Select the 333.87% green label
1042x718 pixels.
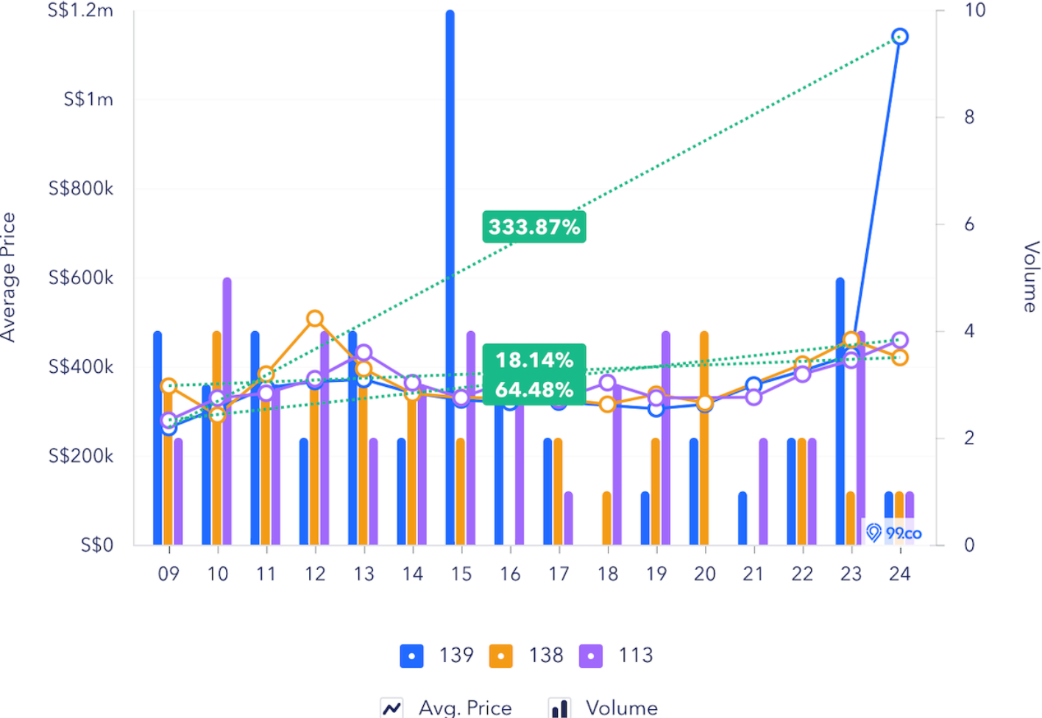pyautogui.click(x=534, y=227)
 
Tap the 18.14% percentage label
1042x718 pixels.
pyautogui.click(x=534, y=360)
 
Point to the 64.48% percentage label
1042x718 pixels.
pyautogui.click(x=534, y=389)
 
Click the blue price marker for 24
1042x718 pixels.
pyautogui.click(x=899, y=37)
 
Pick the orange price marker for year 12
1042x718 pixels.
pyautogui.click(x=315, y=319)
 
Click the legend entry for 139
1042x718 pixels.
pyautogui.click(x=437, y=655)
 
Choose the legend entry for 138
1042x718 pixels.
pyautogui.click(x=527, y=655)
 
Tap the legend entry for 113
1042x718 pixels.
pyautogui.click(x=617, y=655)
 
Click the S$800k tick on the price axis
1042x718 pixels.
pyautogui.click(x=81, y=189)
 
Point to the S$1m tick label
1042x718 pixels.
pyautogui.click(x=88, y=100)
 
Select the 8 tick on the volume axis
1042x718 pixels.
pyautogui.click(x=969, y=117)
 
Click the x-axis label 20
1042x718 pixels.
pyautogui.click(x=704, y=574)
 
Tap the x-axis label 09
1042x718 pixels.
pyautogui.click(x=169, y=574)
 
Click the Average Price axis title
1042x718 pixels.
pyautogui.click(x=9, y=277)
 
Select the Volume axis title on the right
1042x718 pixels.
pyautogui.click(x=1031, y=277)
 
